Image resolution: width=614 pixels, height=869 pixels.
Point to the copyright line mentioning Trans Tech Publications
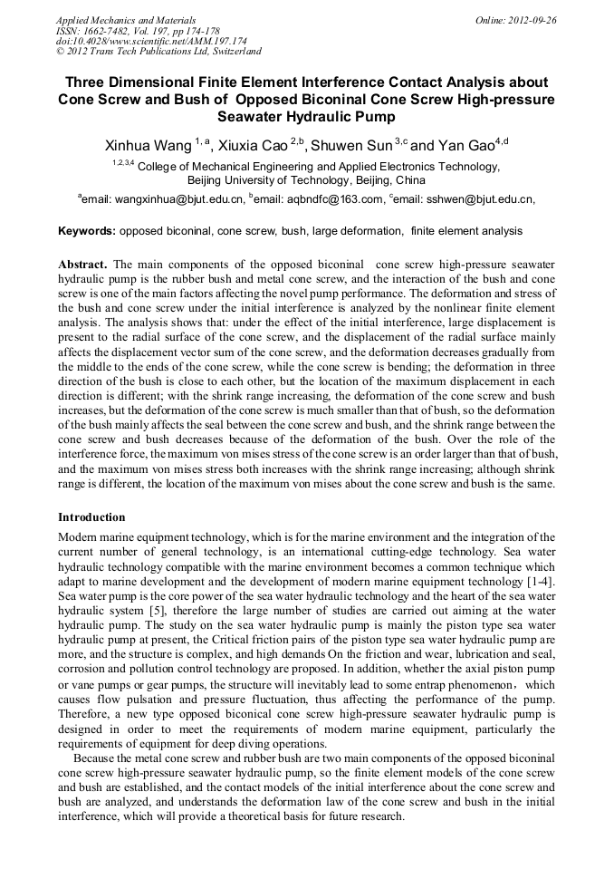pos(159,52)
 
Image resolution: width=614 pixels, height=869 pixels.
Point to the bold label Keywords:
pos(87,231)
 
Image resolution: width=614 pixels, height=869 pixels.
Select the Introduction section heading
pos(91,517)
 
